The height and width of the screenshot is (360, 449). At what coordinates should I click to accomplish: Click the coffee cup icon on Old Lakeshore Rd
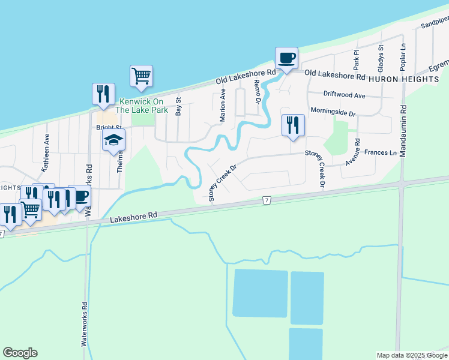pos(286,58)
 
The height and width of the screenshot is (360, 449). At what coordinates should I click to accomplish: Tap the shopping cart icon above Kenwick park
pos(141,76)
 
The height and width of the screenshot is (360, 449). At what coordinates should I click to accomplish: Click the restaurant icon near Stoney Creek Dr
pos(293,125)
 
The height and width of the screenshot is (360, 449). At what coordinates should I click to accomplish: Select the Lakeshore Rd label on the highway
pos(133,218)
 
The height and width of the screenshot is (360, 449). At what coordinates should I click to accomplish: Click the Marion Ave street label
pos(223,106)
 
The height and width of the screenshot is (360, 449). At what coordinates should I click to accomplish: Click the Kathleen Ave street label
pos(45,157)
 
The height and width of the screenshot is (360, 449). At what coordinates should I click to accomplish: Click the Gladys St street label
pos(380,55)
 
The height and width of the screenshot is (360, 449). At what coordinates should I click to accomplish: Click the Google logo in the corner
pos(20,353)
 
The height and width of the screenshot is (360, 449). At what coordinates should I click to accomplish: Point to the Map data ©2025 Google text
pos(412,355)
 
